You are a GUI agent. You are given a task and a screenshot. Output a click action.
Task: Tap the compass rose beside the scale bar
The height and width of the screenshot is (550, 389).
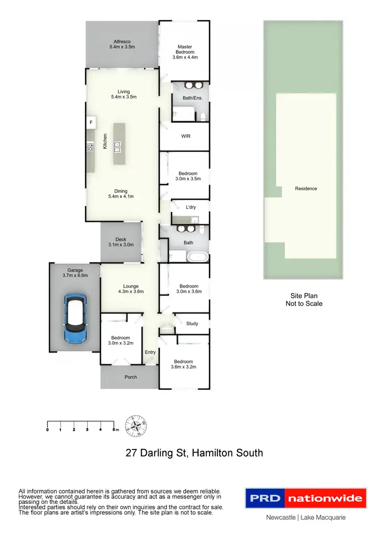pyautogui.click(x=137, y=426)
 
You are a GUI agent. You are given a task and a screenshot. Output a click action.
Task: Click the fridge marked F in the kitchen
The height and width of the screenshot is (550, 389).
pyautogui.click(x=91, y=123)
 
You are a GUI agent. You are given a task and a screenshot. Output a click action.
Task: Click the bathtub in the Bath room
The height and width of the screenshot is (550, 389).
pyautogui.click(x=199, y=256)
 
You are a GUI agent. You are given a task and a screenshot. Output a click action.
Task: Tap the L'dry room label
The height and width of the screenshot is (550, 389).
pyautogui.click(x=191, y=207)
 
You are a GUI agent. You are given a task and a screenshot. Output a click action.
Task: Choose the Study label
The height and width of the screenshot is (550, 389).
pyautogui.click(x=192, y=323)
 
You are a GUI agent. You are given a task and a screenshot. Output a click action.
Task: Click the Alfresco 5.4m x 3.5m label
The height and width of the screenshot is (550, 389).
pyautogui.click(x=122, y=44)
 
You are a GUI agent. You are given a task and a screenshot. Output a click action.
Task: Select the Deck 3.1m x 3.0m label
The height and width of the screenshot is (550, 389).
pyautogui.click(x=121, y=242)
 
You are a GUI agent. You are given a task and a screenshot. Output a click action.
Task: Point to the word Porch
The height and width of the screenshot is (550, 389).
pyautogui.click(x=131, y=377)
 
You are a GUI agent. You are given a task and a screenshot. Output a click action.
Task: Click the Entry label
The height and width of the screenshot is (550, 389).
pyautogui.click(x=150, y=352)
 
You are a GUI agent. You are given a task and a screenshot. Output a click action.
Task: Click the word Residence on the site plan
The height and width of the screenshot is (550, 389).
pyautogui.click(x=305, y=189)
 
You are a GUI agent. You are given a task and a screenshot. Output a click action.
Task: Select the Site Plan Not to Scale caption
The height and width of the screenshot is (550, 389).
pyautogui.click(x=304, y=300)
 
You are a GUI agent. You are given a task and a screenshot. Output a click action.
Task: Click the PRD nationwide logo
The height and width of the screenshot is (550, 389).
pyautogui.click(x=305, y=499)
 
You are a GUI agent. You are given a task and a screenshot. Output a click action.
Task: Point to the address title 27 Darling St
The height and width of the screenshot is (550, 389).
pyautogui.click(x=195, y=453)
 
